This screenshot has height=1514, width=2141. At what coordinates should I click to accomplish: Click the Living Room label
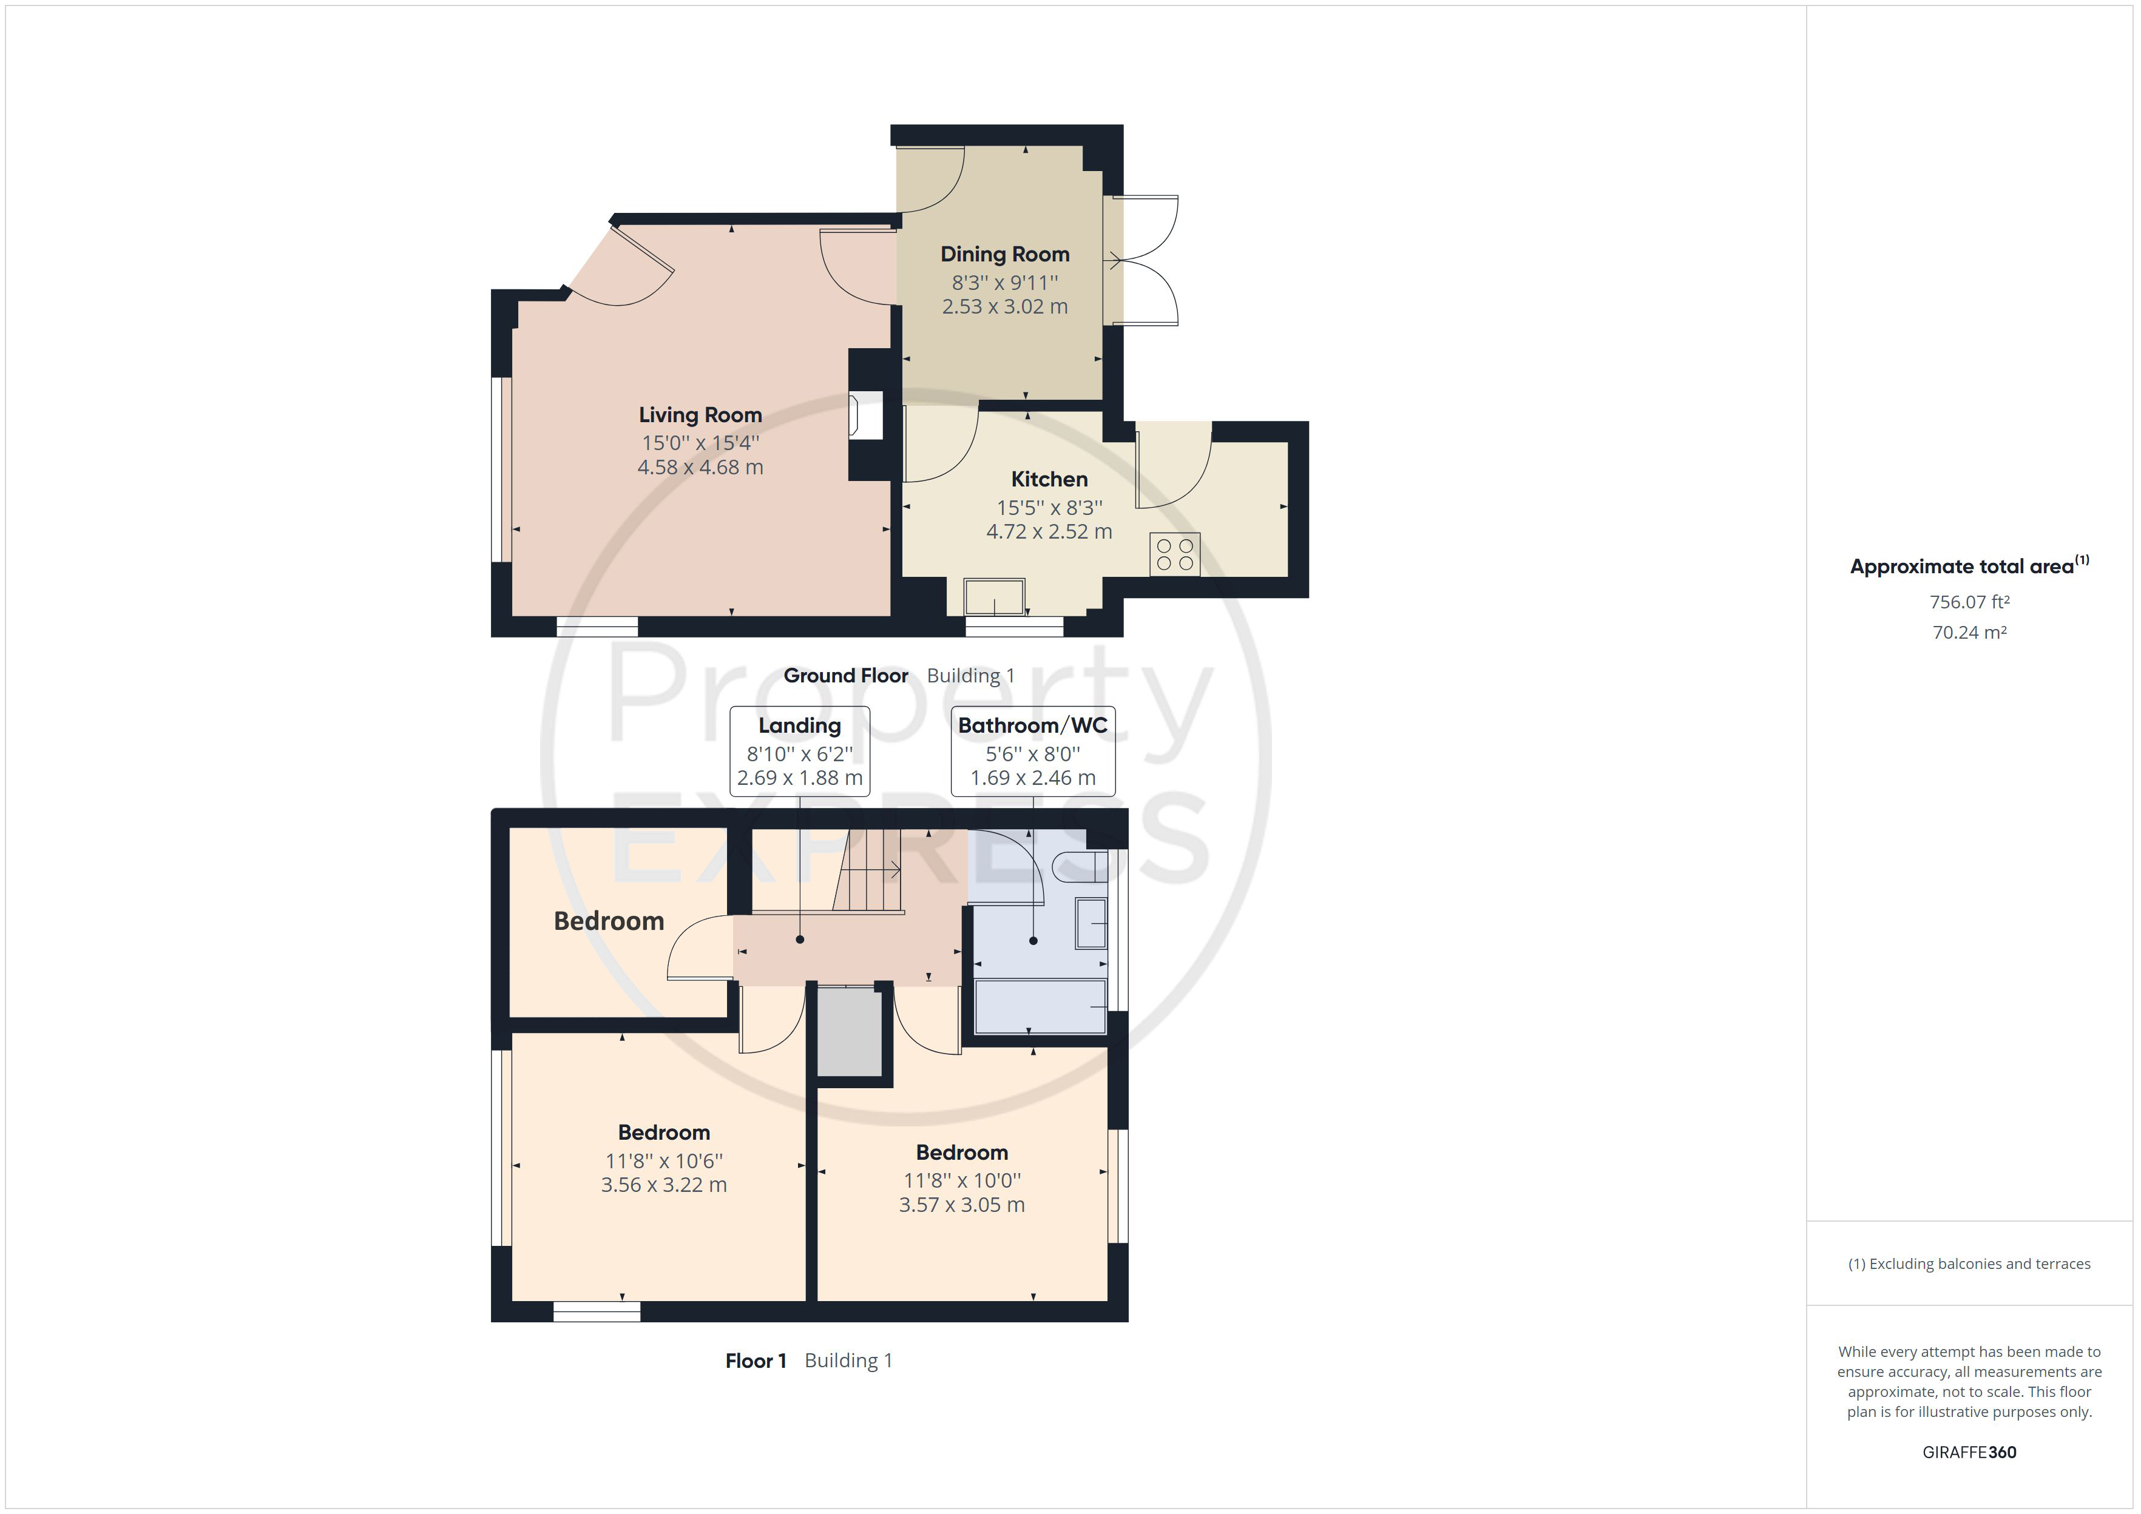click(x=700, y=415)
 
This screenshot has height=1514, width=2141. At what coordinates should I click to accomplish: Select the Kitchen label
click(x=1049, y=479)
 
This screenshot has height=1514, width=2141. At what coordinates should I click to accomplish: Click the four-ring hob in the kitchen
click(x=1175, y=554)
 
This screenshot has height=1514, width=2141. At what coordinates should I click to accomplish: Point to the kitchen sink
click(x=995, y=597)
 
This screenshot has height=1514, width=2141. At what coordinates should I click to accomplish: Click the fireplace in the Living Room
click(x=866, y=415)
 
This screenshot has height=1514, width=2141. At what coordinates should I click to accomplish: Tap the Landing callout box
click(x=799, y=752)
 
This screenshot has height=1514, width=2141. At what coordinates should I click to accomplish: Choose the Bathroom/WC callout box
click(x=1032, y=752)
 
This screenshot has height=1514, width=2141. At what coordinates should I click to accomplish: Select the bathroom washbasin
click(x=1091, y=923)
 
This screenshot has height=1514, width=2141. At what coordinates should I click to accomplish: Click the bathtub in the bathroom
click(x=1040, y=1005)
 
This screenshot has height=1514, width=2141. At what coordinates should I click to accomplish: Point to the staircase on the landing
click(x=868, y=871)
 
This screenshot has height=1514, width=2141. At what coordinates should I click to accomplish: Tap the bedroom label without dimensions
click(x=609, y=921)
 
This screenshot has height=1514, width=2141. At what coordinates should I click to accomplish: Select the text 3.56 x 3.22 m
click(x=663, y=1185)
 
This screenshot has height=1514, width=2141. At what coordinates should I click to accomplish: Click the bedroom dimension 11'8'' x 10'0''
click(x=961, y=1180)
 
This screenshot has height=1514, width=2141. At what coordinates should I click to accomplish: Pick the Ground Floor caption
click(x=846, y=676)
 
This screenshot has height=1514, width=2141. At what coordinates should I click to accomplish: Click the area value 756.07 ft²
click(x=1969, y=602)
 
